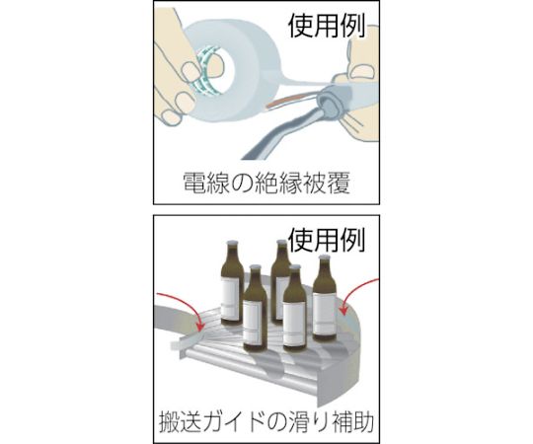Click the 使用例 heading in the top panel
(327, 27)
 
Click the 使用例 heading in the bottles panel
(327, 240)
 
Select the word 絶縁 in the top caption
(274, 184)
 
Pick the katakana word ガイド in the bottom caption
(235, 421)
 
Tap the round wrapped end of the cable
(329, 105)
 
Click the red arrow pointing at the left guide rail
(187, 308)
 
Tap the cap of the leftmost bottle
(232, 244)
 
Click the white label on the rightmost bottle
(324, 314)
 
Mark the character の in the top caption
(240, 184)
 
